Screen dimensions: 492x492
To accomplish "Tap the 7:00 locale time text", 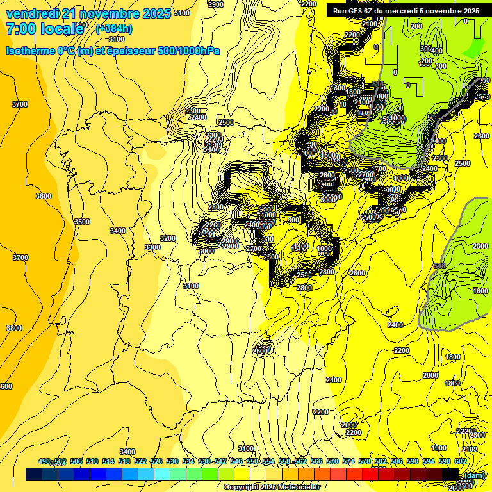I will point(45,28).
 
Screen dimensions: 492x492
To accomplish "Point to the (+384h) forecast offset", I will point(114,28).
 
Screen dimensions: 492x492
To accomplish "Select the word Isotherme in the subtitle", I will point(30,51).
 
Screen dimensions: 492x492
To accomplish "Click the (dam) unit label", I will point(473,475).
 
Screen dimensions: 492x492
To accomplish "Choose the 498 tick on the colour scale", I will point(44,461).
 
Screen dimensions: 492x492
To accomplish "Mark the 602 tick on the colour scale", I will point(460,461).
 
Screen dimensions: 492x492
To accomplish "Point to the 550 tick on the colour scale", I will point(252,461).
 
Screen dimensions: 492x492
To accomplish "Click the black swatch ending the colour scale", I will point(450,474).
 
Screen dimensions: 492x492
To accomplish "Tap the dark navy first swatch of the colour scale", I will point(34,474).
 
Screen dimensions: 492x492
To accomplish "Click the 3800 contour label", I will point(14,328).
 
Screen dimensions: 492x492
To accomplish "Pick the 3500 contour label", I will point(81,222).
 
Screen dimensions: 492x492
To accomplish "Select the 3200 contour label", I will point(168,238).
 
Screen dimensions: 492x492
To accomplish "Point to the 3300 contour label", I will point(152,247).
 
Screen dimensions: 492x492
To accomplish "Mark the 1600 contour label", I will point(480,291).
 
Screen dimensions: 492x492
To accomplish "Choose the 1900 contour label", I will point(439,448).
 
